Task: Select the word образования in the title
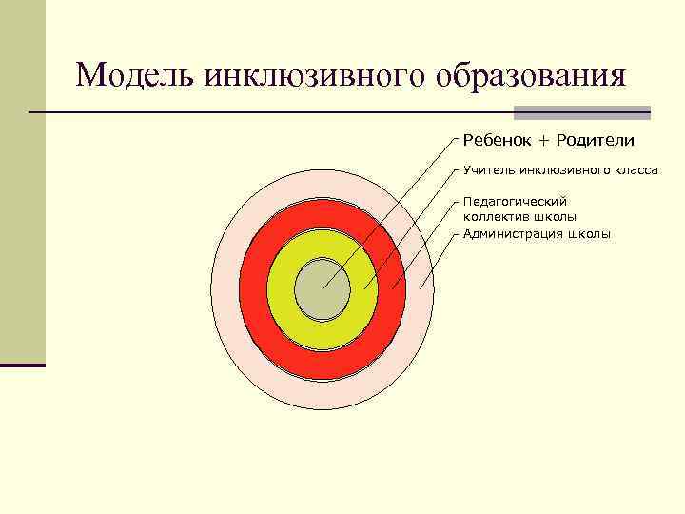coord(532,74)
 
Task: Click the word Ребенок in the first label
coord(497,141)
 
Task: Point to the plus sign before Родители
coord(544,141)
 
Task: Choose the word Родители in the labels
coord(596,141)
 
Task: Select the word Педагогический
coord(515,201)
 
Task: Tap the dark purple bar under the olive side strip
coord(23,365)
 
